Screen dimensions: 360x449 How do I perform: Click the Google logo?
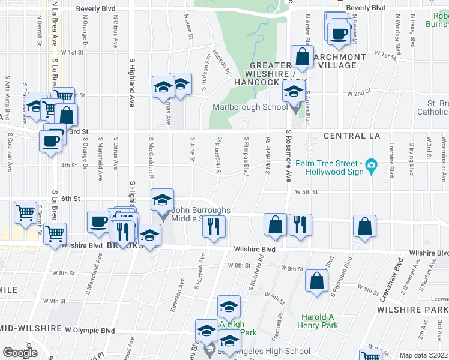click(20, 353)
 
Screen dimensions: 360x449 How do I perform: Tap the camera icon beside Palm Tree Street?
click(372, 165)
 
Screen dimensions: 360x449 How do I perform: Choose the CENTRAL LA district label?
click(352, 136)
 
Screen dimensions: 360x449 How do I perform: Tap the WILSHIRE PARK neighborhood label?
click(412, 310)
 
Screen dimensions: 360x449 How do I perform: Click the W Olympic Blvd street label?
click(90, 330)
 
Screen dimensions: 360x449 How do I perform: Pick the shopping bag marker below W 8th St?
click(316, 281)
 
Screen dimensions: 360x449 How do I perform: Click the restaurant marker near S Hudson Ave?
click(214, 226)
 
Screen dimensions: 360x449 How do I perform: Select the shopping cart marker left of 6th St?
click(26, 212)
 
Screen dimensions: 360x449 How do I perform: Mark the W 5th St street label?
click(306, 192)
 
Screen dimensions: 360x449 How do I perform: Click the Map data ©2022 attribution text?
click(423, 355)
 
